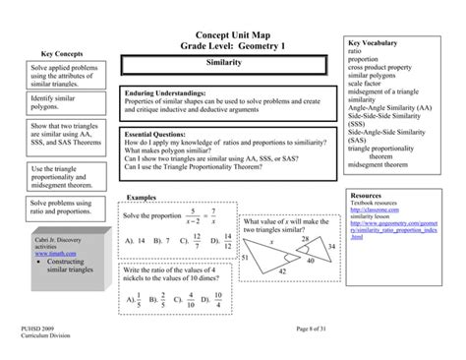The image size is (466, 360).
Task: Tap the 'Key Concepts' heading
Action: tap(61, 53)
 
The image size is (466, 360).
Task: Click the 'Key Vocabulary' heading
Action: tap(374, 44)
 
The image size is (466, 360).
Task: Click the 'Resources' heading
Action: tap(367, 196)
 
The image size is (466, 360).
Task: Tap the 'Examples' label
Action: tap(143, 198)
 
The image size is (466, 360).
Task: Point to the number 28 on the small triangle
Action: tap(305, 239)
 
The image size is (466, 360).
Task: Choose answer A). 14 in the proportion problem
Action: tap(134, 239)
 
